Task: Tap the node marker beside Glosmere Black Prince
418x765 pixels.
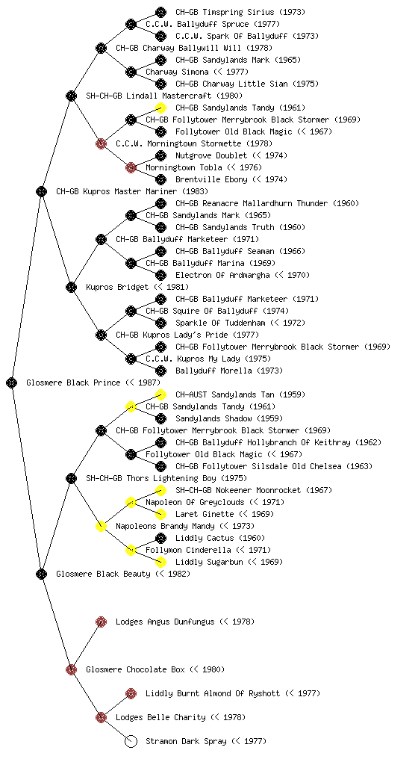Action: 12,382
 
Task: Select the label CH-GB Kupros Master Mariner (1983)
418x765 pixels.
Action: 132,191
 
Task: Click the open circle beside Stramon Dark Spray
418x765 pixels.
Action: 131,741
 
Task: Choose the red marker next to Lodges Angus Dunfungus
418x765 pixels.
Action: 101,622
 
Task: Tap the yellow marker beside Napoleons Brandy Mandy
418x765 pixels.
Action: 101,526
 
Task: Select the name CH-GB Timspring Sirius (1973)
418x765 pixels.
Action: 240,12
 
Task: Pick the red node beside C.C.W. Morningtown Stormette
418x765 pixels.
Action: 101,143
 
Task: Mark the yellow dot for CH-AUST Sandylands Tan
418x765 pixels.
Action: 160,394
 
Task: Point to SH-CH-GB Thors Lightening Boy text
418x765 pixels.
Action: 166,478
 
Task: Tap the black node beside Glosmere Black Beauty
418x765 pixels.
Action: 41,574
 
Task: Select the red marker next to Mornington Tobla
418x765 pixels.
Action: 131,167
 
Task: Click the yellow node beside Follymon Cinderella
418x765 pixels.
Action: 131,550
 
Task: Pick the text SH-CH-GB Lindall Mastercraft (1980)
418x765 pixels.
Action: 164,96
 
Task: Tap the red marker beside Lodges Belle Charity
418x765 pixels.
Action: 101,717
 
